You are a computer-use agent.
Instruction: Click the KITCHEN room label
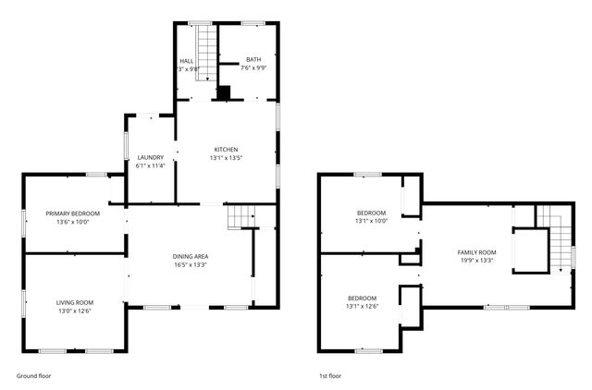(227, 150)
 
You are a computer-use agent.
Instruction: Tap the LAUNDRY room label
(150, 157)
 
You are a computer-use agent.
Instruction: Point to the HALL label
(187, 59)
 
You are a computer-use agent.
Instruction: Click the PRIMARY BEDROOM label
(73, 213)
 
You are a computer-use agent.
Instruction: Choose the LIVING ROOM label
(75, 302)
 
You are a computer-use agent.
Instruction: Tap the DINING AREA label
(190, 256)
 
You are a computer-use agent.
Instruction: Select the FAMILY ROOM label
(477, 252)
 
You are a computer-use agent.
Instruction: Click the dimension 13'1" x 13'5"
(227, 158)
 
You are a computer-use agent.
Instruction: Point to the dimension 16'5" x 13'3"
(190, 265)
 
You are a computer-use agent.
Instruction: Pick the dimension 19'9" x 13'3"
(477, 261)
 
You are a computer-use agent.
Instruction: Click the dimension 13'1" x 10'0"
(371, 221)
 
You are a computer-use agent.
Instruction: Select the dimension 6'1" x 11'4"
(150, 166)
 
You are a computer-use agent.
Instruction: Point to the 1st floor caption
(330, 376)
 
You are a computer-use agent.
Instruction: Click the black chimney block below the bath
(224, 92)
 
